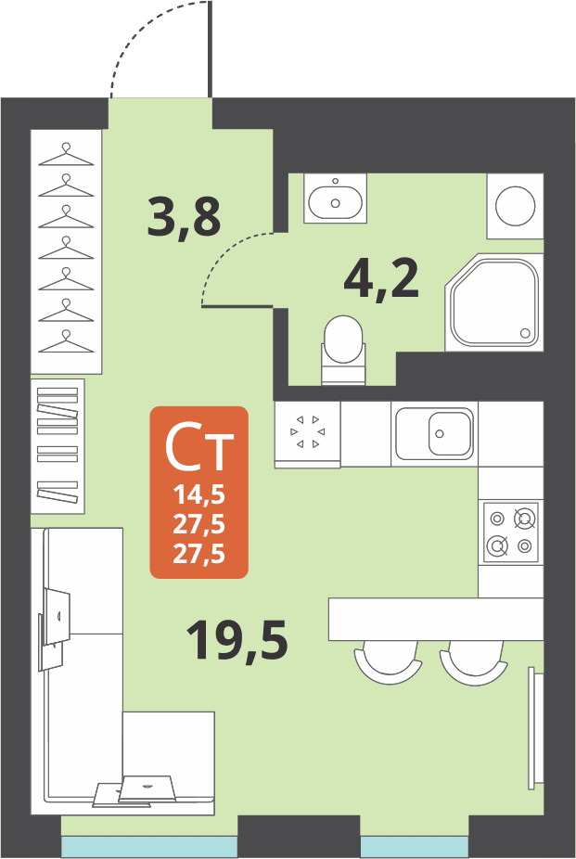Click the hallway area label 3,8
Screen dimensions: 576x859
click(184, 217)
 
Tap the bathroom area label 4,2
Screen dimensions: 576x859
click(381, 278)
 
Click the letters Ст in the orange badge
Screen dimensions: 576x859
click(199, 448)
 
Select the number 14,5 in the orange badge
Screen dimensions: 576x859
click(199, 495)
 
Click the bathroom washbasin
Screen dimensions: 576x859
click(335, 200)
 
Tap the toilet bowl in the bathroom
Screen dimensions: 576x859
click(343, 340)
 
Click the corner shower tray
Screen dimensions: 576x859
click(493, 302)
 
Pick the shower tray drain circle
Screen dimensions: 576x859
click(525, 333)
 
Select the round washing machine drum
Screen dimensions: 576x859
click(515, 206)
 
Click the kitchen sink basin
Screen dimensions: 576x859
click(450, 433)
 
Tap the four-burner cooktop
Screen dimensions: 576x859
click(510, 532)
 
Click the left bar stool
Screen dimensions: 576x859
click(389, 666)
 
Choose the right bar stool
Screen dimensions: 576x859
click(474, 666)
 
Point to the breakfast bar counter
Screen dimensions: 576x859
click(436, 619)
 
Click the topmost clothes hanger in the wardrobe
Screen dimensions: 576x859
click(66, 155)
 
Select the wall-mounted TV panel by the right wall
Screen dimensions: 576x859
click(535, 728)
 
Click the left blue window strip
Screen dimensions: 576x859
click(149, 846)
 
